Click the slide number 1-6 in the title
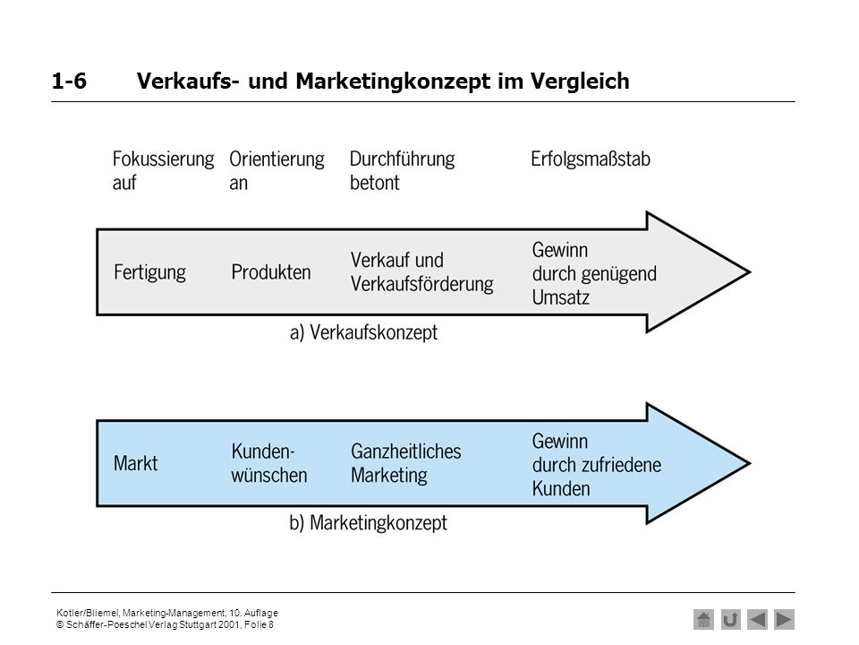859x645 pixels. pyautogui.click(x=69, y=82)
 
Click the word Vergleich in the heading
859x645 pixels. pyautogui.click(x=580, y=82)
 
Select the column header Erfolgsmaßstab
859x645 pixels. pyautogui.click(x=591, y=159)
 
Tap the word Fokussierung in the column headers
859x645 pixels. pyautogui.click(x=163, y=159)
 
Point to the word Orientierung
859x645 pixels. pyautogui.click(x=276, y=159)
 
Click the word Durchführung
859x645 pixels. pyautogui.click(x=402, y=159)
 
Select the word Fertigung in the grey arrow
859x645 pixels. pyautogui.click(x=149, y=272)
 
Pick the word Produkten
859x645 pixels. pyautogui.click(x=270, y=272)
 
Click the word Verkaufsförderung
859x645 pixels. pyautogui.click(x=421, y=284)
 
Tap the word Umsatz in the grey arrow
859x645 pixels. pyautogui.click(x=560, y=297)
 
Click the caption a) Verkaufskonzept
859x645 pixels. pyautogui.click(x=364, y=332)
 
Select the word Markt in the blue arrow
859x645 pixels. pyautogui.click(x=135, y=463)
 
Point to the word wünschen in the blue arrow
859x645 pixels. pyautogui.click(x=269, y=475)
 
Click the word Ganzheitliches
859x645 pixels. pyautogui.click(x=406, y=451)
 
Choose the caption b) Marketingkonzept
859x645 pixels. pyautogui.click(x=368, y=523)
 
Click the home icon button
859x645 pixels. pyautogui.click(x=703, y=620)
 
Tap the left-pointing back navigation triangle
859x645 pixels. pyautogui.click(x=757, y=620)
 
